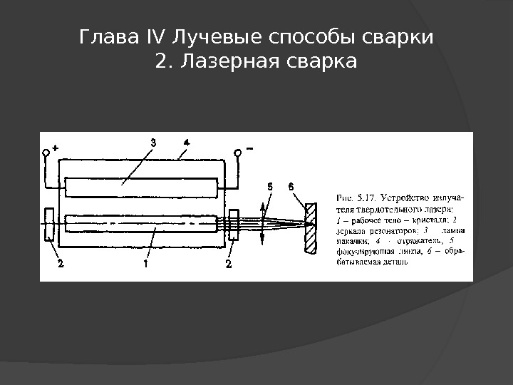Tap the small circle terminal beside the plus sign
tap(46, 152)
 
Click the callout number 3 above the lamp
tap(152, 142)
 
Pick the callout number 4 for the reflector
tap(186, 142)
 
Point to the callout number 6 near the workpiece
tap(291, 186)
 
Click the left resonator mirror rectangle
tap(48, 225)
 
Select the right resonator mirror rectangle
tap(234, 225)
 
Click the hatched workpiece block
tap(310, 227)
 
